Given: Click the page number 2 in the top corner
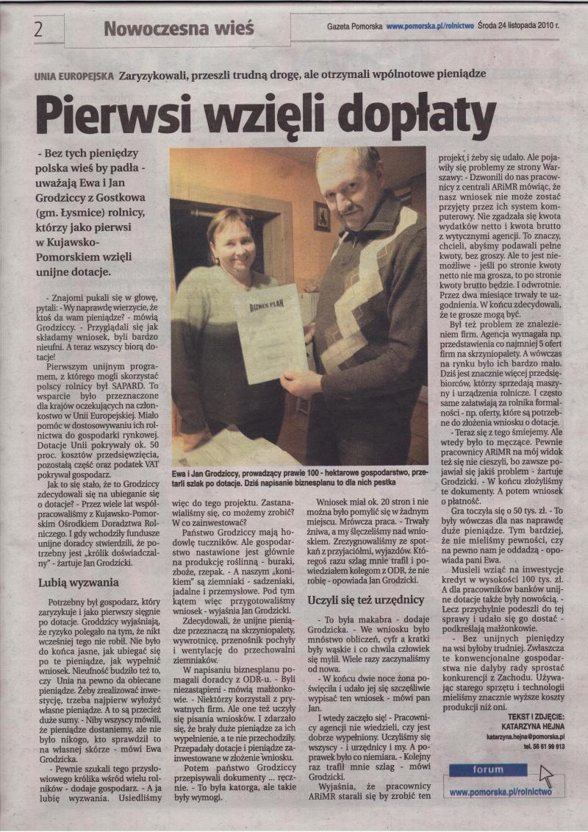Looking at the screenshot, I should click(37, 29).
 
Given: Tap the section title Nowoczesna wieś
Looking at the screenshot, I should click(179, 29).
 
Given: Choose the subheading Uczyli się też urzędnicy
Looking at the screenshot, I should click(365, 600).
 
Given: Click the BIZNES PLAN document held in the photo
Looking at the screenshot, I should click(271, 333).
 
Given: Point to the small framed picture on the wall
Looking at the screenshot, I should click(322, 216).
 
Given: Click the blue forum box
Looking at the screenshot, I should click(488, 770).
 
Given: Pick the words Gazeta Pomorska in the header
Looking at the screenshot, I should click(355, 26).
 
